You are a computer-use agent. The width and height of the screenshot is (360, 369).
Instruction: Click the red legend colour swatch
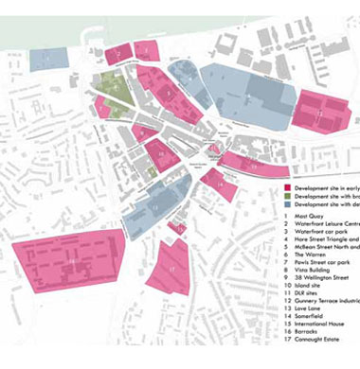coord(289,188)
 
